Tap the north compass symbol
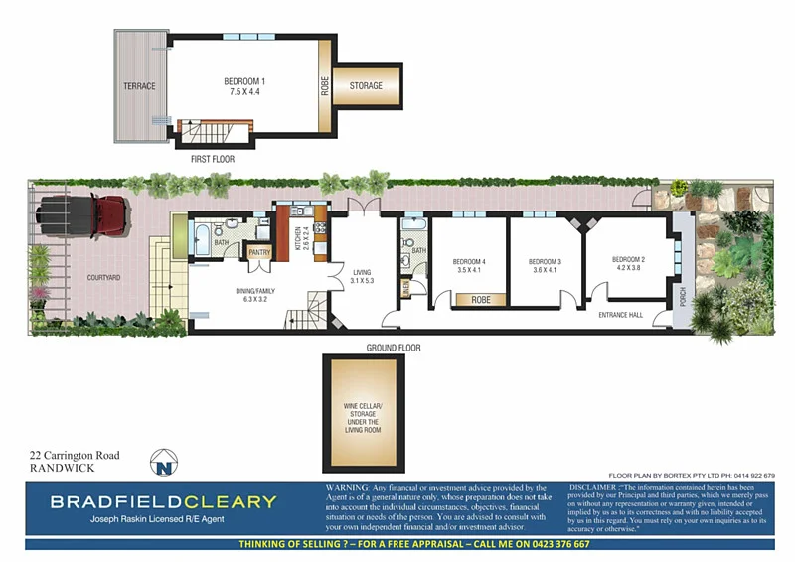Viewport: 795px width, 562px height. [163, 462]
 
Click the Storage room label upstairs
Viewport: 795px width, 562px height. [366, 86]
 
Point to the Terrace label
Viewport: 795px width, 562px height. [139, 86]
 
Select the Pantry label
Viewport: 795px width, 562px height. [259, 252]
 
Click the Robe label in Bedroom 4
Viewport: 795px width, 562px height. [481, 299]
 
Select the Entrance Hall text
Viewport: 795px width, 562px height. [622, 315]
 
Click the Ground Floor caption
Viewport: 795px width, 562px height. [394, 349]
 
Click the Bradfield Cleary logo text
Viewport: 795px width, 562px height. [163, 501]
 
